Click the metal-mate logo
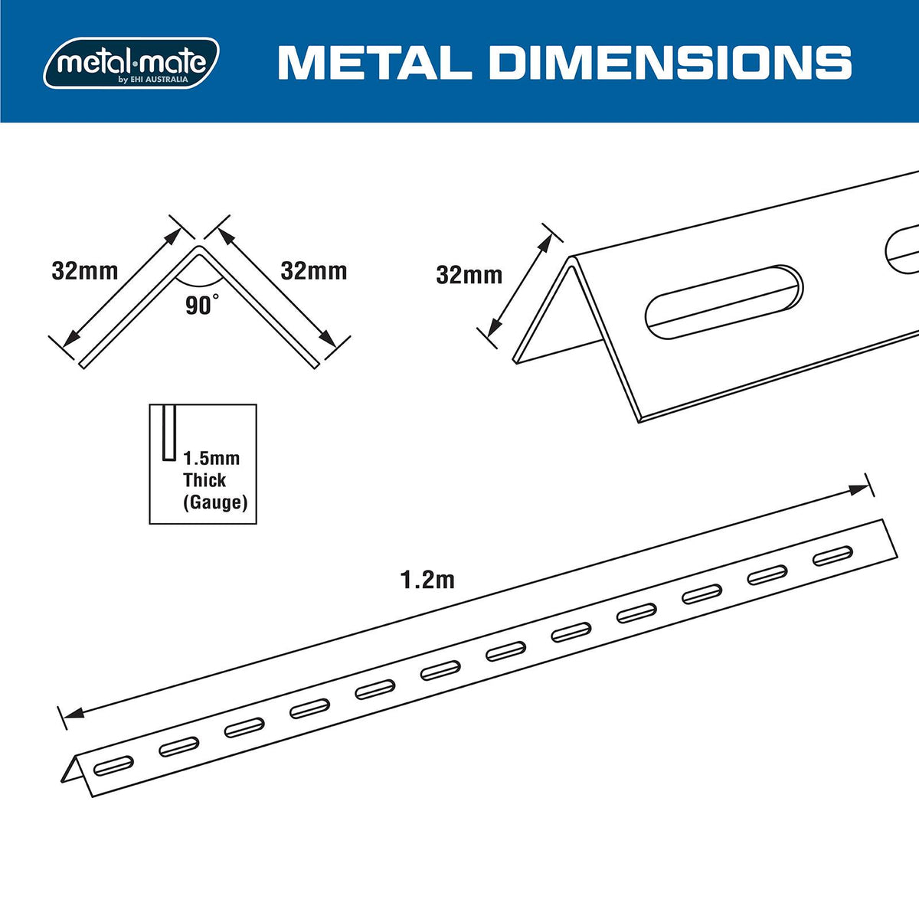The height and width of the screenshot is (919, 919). pos(131,63)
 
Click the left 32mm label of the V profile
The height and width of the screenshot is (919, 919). pos(85,271)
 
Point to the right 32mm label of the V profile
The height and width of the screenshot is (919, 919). pos(314,271)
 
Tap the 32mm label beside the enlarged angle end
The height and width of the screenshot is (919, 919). pos(469,275)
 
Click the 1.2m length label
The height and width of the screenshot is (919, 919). pos(428,580)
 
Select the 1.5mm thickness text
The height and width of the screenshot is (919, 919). pos(211,458)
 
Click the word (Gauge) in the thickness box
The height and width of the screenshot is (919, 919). pos(215,502)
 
